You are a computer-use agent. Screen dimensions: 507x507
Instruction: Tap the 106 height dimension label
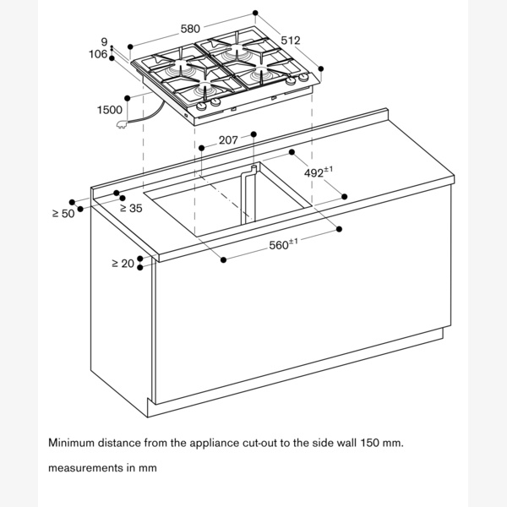pyautogui.click(x=99, y=55)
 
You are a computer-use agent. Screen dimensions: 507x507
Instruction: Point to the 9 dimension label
pyautogui.click(x=103, y=41)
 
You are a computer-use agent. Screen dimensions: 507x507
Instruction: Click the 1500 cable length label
pyautogui.click(x=110, y=110)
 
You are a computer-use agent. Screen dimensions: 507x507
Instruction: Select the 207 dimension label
pyautogui.click(x=228, y=140)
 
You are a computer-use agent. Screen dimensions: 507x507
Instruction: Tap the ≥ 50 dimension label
pyautogui.click(x=63, y=214)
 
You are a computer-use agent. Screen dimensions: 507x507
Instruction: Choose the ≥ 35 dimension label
pyautogui.click(x=129, y=207)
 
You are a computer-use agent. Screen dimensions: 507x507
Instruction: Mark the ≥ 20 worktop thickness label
pyautogui.click(x=123, y=264)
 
